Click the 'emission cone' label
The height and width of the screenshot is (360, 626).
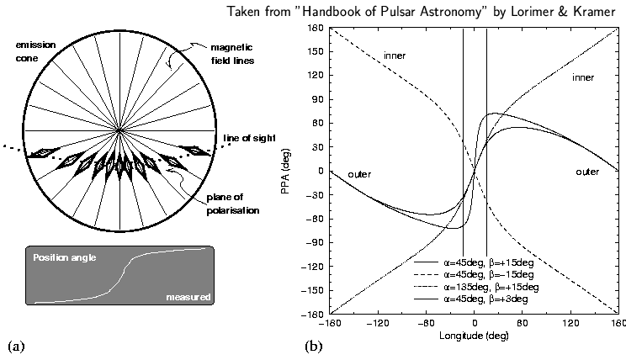click(35, 51)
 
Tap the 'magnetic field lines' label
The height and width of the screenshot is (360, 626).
click(232, 54)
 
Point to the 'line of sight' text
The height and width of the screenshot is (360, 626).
click(250, 138)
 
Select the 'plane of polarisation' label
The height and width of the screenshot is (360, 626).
click(233, 204)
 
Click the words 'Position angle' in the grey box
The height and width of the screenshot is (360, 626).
click(65, 257)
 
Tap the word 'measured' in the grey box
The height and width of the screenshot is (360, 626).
click(188, 297)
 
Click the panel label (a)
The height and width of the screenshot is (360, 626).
click(16, 346)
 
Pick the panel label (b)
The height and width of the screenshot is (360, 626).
click(313, 346)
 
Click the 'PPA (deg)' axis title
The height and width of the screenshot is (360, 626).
click(285, 172)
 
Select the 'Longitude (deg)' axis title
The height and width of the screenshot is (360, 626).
click(474, 336)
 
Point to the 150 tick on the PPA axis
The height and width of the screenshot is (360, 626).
click(316, 51)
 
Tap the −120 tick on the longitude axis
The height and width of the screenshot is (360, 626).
click(378, 322)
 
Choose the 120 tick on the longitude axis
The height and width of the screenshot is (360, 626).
click(570, 322)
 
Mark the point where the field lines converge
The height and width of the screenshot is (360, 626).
click(119, 130)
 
